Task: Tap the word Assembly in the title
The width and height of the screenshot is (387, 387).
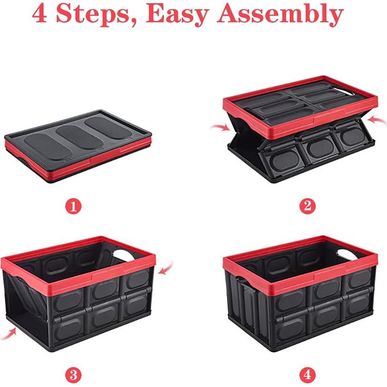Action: (281, 15)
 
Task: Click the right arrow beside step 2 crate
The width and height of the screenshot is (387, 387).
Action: (378, 121)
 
